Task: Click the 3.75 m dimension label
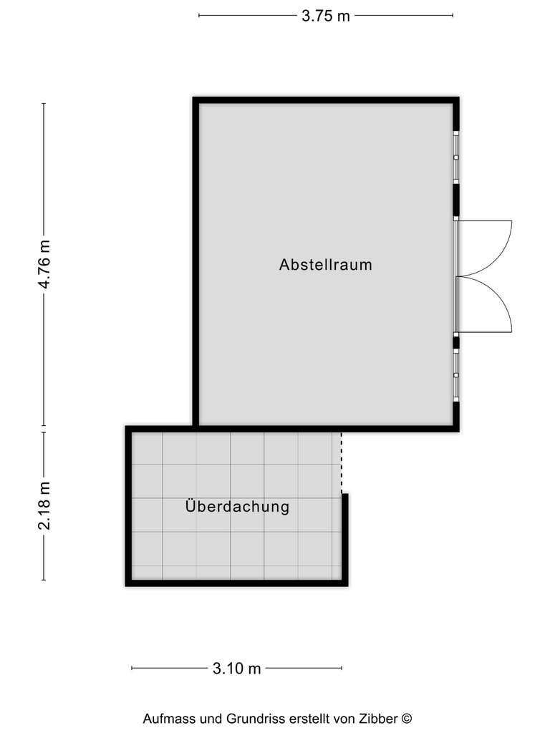click(326, 16)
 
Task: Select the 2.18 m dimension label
click(44, 505)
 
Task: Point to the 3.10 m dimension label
click(237, 669)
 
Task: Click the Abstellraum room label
click(326, 265)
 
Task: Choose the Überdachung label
click(237, 507)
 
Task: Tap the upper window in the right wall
click(455, 157)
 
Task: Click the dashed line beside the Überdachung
click(342, 462)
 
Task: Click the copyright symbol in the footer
click(407, 719)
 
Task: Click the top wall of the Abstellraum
click(326, 100)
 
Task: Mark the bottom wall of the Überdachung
click(237, 583)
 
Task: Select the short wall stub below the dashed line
click(345, 537)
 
